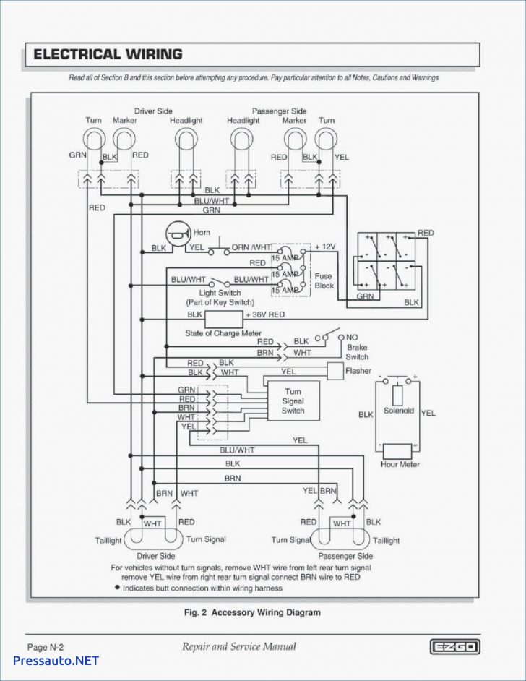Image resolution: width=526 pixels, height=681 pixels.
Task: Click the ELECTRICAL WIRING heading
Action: click(108, 54)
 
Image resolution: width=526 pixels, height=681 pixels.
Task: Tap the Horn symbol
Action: click(177, 233)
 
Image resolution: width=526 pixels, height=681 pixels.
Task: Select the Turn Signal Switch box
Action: click(293, 401)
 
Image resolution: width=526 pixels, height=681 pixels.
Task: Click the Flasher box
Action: click(335, 371)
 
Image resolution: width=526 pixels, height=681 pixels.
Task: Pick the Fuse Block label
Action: click(324, 280)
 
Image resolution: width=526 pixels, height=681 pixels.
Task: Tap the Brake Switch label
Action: click(357, 352)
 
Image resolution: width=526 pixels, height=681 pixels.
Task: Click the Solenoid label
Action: click(398, 411)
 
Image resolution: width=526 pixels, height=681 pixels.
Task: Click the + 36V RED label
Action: click(265, 315)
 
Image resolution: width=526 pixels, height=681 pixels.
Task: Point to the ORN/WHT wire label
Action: click(250, 247)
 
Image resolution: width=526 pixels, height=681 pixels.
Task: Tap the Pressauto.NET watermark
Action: click(56, 660)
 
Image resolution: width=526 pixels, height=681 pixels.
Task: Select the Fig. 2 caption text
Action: click(252, 612)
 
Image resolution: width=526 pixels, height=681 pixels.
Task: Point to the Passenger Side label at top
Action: click(279, 111)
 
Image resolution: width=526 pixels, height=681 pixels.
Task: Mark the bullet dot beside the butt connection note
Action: click(117, 588)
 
